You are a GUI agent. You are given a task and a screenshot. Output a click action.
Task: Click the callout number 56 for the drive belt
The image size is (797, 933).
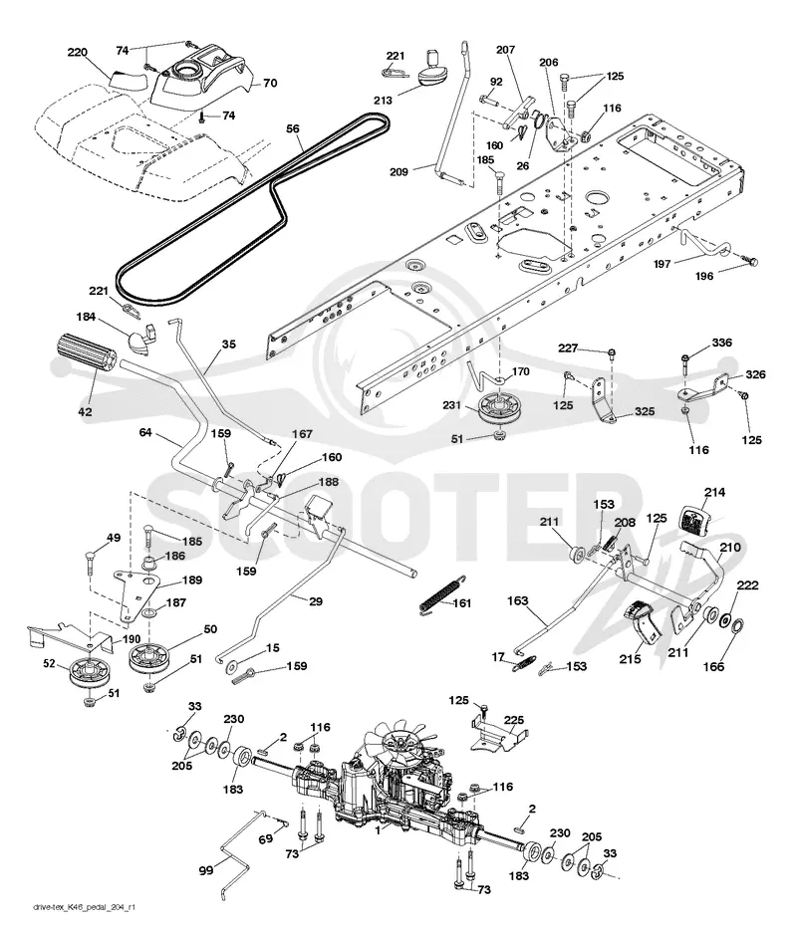point(293,128)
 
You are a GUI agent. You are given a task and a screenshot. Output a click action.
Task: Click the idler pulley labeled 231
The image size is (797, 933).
point(494,407)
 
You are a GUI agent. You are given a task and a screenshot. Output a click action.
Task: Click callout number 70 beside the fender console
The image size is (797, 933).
point(270,84)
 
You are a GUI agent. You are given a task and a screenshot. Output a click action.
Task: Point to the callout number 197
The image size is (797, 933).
point(663,264)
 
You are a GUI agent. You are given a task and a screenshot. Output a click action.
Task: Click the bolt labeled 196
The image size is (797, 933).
point(749,260)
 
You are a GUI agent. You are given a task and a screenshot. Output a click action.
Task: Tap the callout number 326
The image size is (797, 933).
point(755,374)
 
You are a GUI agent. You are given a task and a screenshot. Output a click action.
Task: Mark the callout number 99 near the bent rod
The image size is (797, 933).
point(206,871)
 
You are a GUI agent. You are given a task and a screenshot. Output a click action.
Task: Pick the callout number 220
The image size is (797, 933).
point(77,53)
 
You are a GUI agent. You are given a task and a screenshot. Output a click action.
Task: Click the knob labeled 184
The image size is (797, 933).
point(141,340)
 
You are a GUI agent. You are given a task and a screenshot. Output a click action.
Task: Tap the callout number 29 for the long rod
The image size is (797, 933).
point(316,601)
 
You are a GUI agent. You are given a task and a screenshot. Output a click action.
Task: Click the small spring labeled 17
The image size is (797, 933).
point(525,663)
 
